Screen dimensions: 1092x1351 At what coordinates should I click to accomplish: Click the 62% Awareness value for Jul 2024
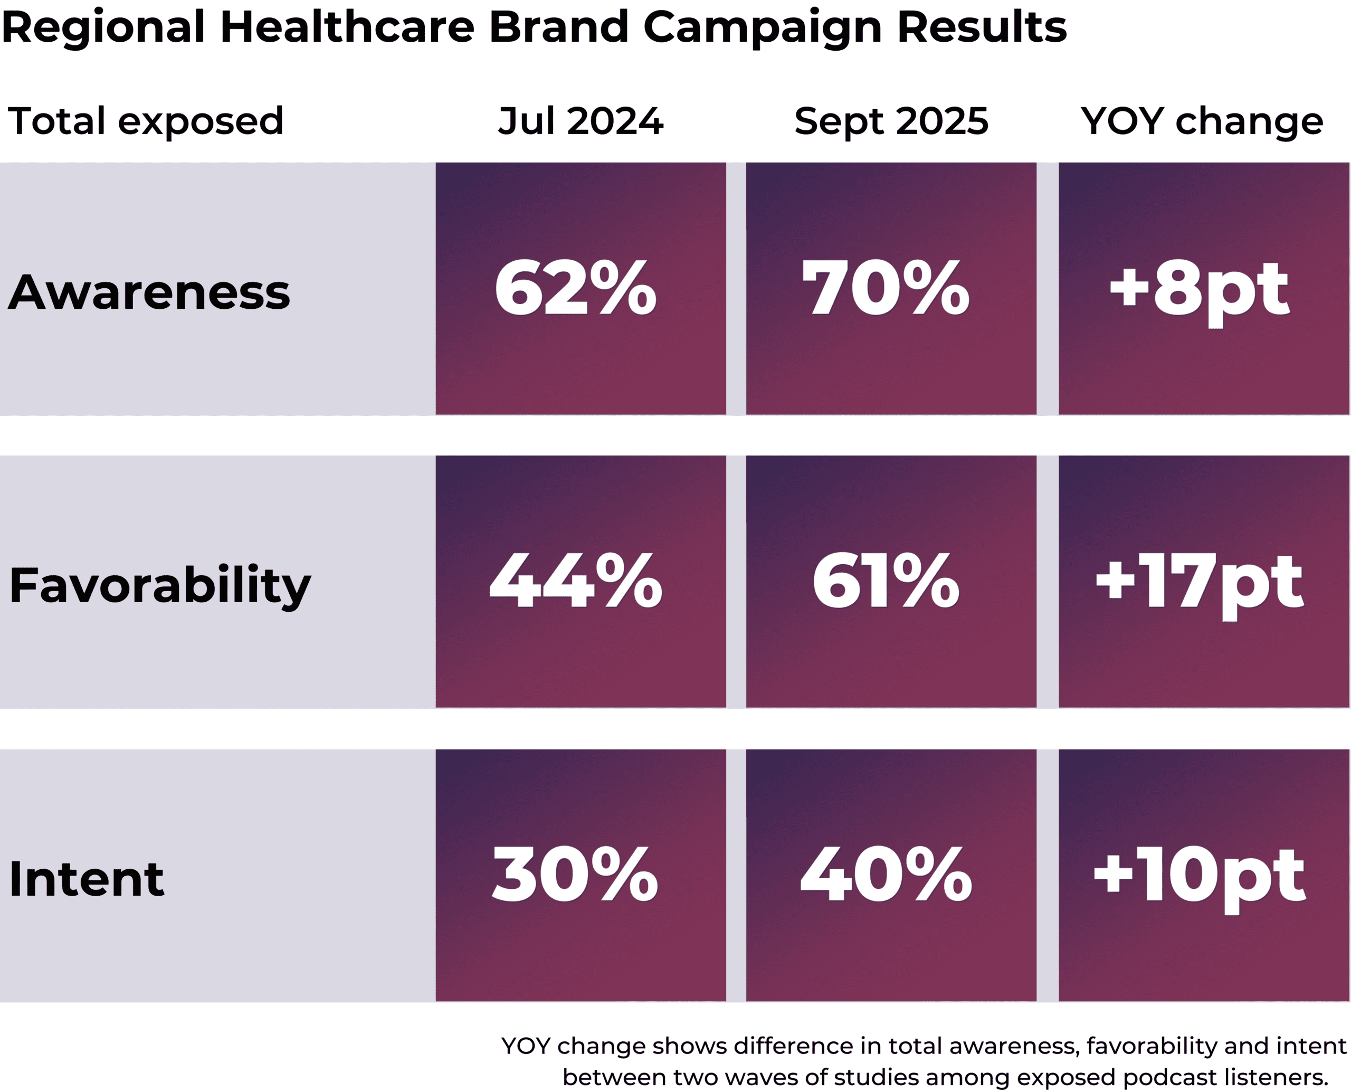coord(576,289)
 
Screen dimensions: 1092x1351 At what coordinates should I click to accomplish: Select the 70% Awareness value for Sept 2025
coord(885,289)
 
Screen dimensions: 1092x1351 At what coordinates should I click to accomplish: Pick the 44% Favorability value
coord(576,581)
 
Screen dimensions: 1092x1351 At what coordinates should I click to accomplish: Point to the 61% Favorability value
coord(885,581)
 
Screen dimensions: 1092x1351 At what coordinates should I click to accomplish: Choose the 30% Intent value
coord(576,875)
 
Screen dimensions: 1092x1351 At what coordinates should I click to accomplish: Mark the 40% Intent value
coord(885,875)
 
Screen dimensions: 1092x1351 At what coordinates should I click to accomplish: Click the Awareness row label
coord(149,292)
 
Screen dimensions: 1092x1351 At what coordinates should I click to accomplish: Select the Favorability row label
coord(160,586)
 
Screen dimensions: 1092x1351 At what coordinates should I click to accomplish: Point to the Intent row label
coord(86,879)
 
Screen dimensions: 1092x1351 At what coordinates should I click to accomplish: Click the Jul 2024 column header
coord(581,121)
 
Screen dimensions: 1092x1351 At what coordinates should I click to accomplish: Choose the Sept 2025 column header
coord(891,121)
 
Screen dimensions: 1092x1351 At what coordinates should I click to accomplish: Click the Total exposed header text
coord(145,121)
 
